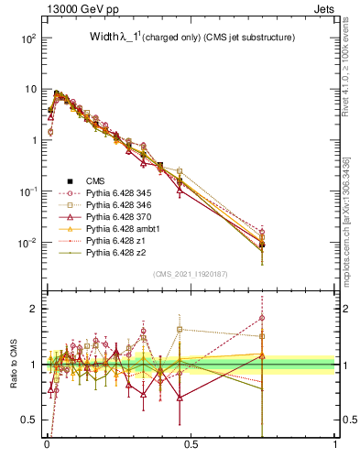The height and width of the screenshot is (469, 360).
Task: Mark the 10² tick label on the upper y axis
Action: click(x=27, y=38)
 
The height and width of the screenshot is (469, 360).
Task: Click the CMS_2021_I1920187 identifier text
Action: click(x=191, y=273)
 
